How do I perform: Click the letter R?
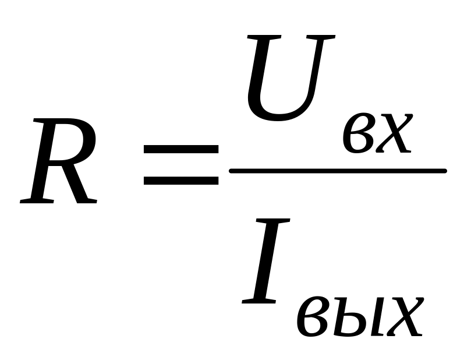point(58,161)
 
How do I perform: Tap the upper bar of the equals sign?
point(181,150)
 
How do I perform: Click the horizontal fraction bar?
point(338,171)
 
